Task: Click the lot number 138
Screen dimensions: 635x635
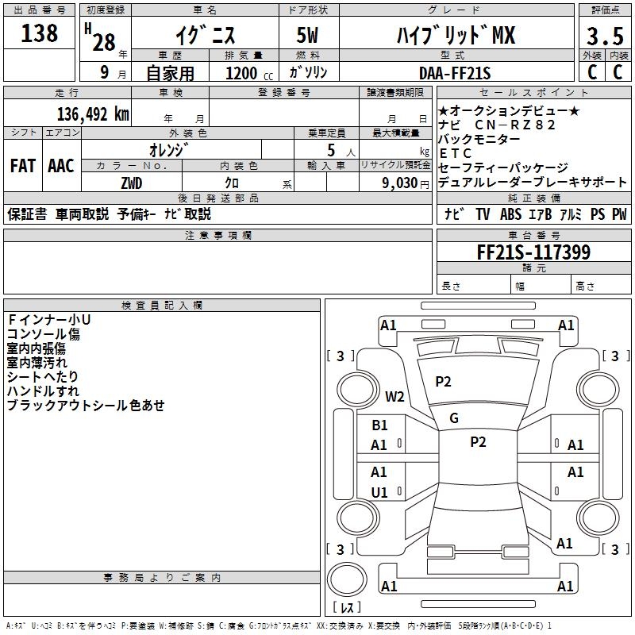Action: click(40, 33)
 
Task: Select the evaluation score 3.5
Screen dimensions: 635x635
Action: click(603, 37)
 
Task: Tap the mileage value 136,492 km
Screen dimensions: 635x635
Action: click(94, 114)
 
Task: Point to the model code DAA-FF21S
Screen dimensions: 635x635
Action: click(455, 73)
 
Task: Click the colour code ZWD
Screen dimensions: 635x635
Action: click(132, 183)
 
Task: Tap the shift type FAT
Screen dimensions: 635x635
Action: click(23, 166)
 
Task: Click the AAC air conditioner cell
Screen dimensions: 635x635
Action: click(61, 166)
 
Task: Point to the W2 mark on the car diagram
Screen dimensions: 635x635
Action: click(394, 397)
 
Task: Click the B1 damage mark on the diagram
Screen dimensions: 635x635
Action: click(379, 425)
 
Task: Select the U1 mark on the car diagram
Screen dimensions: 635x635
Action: click(379, 492)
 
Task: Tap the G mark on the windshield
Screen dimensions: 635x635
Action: click(454, 418)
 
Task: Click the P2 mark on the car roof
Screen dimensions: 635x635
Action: click(478, 442)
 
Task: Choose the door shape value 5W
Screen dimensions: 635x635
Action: click(308, 37)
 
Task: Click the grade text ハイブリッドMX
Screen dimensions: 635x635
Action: click(456, 37)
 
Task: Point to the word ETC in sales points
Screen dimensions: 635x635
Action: click(455, 153)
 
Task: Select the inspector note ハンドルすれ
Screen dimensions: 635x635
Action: click(43, 391)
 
